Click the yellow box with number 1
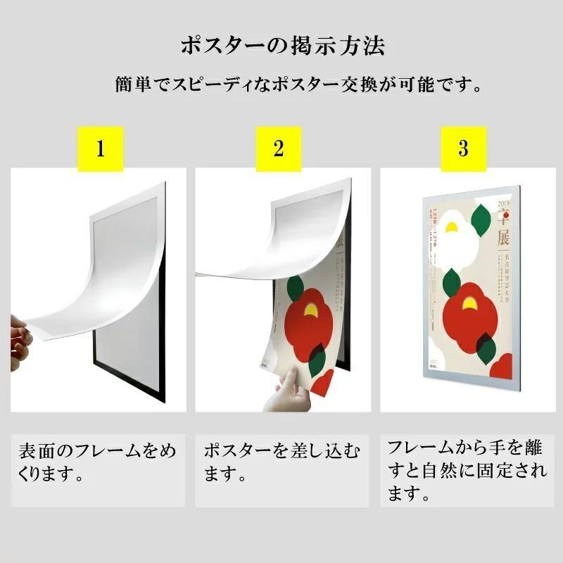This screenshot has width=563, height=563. [100, 149]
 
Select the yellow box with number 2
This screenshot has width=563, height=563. [279, 149]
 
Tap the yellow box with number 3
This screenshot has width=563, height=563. [463, 149]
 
